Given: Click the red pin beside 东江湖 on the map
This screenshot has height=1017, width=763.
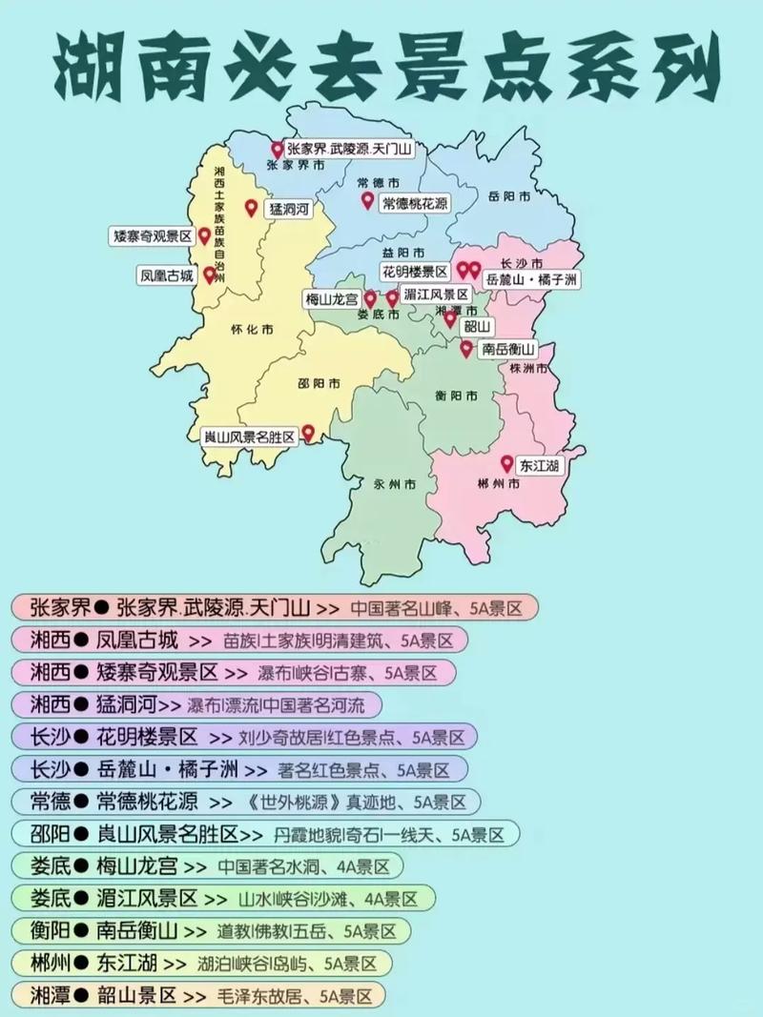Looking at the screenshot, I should (506, 463).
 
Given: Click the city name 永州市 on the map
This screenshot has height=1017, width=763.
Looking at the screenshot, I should (395, 484).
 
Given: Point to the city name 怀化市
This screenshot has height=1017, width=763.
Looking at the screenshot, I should (253, 330).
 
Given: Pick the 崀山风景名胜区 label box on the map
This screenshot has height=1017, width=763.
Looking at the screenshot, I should (250, 435).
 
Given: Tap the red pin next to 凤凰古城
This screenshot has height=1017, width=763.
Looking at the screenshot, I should (209, 275).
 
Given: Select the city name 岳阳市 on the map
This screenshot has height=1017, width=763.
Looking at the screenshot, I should (508, 196).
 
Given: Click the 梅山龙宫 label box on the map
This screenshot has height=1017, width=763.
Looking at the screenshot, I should (332, 298).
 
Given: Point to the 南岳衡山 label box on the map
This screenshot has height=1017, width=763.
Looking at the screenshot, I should (506, 349).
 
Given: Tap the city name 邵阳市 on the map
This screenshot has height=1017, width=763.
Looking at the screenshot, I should (319, 384).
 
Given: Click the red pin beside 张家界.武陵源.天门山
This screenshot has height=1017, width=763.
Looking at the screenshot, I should (278, 150).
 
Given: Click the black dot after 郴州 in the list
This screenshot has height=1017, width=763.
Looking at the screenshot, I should (80, 965).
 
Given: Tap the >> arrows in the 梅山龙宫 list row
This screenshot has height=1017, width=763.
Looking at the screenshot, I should (195, 866).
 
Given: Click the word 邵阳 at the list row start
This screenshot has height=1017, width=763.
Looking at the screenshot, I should (49, 834).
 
